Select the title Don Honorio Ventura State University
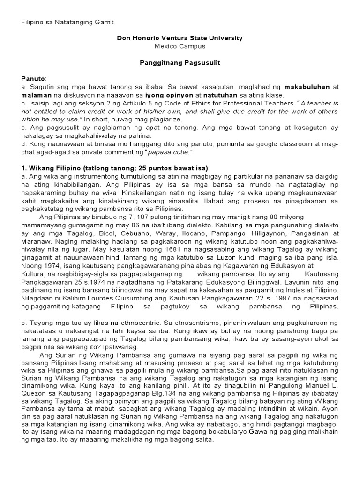click(x=180, y=38)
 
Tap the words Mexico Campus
click(x=180, y=46)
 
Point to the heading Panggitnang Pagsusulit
click(x=180, y=62)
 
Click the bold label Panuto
click(x=34, y=78)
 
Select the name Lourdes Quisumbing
click(x=141, y=298)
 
